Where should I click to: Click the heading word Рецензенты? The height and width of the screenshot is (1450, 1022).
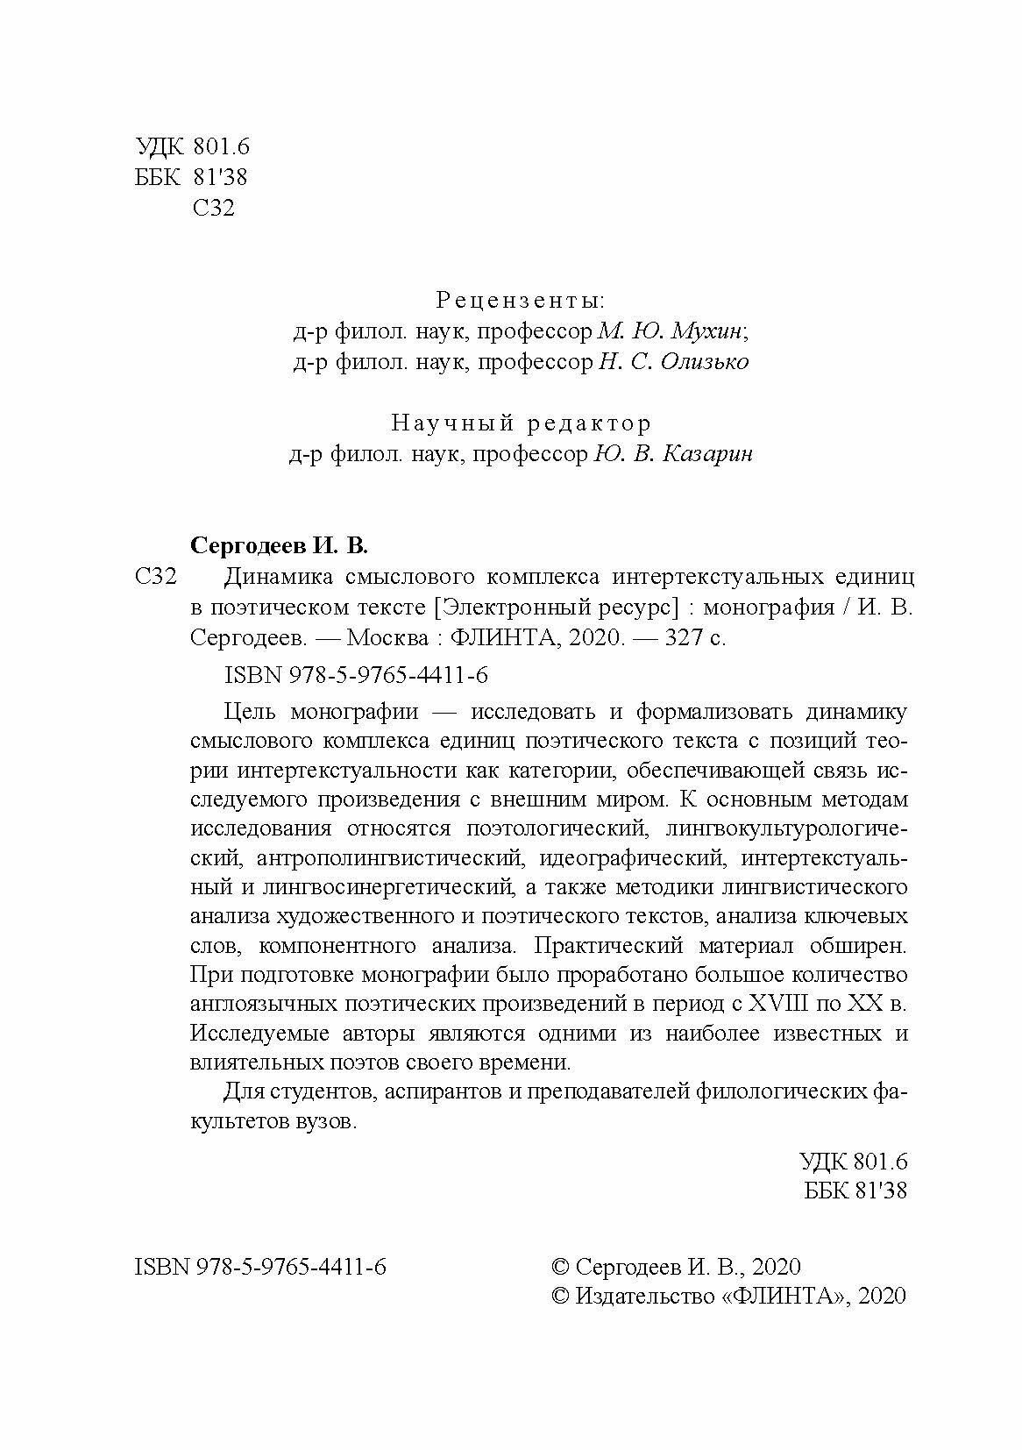tap(520, 301)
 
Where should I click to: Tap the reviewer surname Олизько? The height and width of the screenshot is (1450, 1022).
tap(705, 362)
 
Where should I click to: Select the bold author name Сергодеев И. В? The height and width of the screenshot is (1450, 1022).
tap(280, 546)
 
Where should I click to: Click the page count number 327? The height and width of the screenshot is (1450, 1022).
tap(686, 638)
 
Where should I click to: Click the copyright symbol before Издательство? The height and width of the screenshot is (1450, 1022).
tap(561, 1297)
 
